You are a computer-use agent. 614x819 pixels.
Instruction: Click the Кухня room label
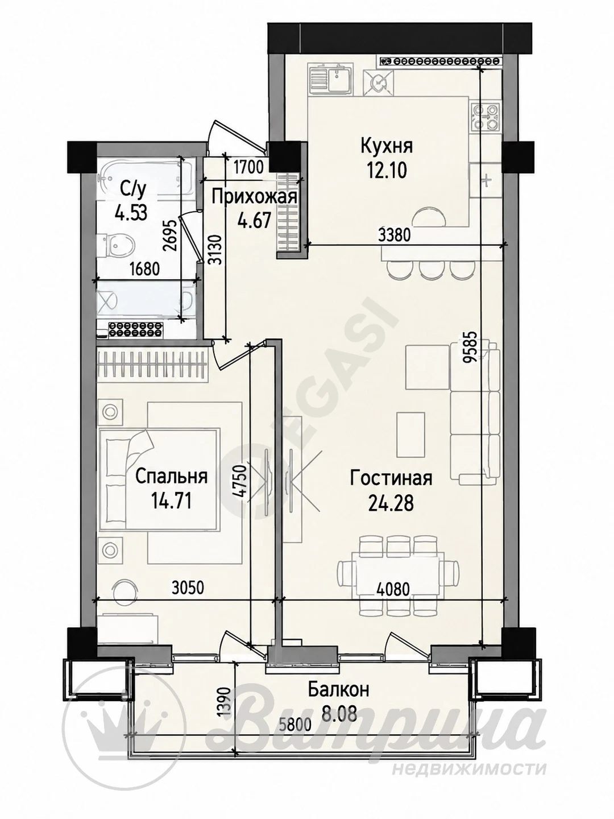coord(387,146)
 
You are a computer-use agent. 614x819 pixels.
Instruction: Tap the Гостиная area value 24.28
coord(391,504)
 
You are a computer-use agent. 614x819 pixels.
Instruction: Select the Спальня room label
coord(171,477)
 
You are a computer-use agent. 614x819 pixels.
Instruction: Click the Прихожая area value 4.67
coord(254,221)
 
